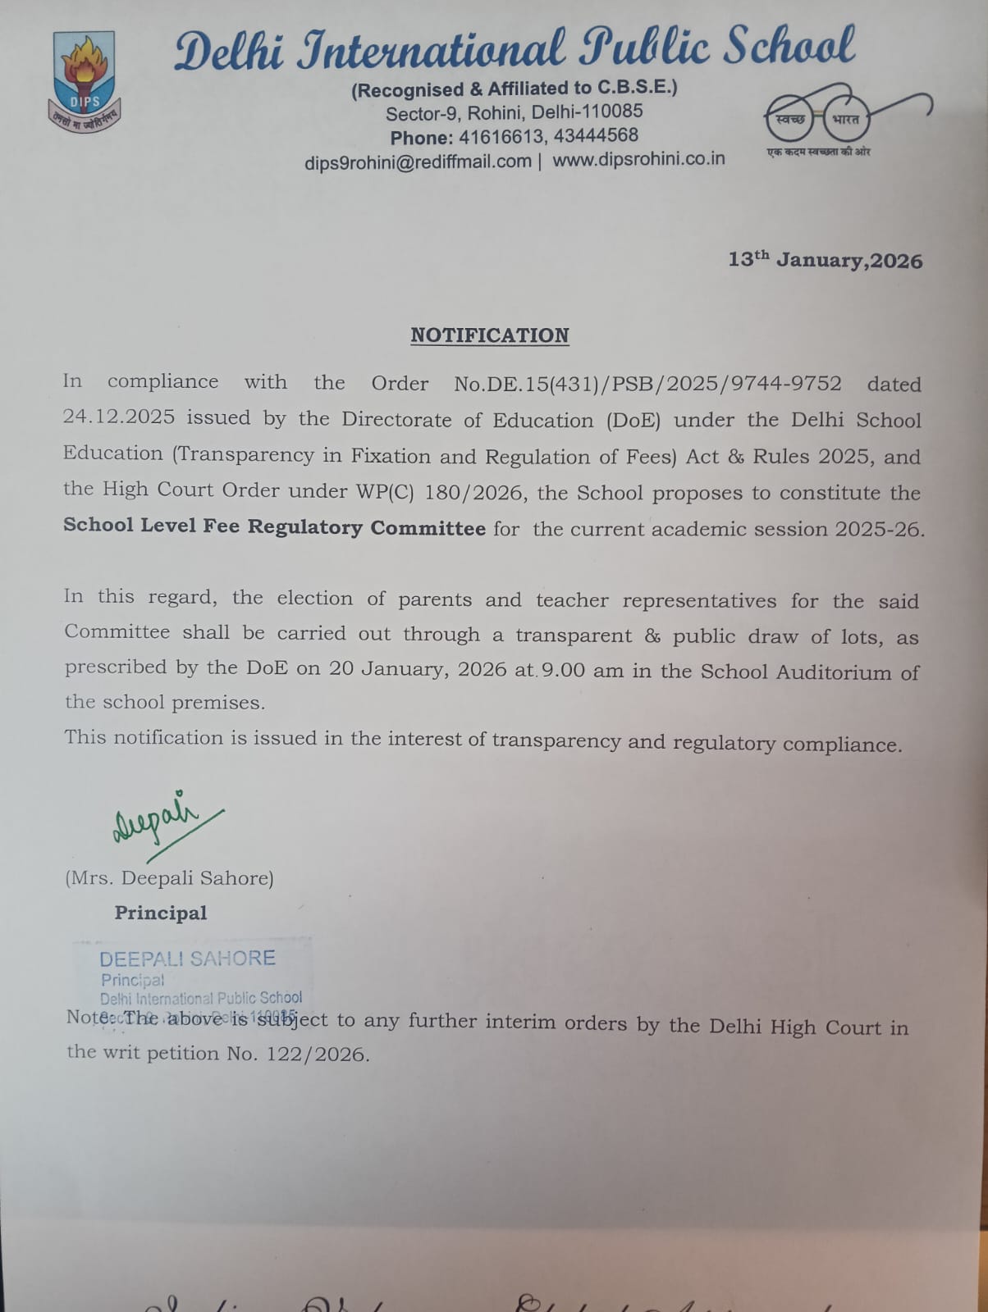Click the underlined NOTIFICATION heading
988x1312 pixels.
(489, 335)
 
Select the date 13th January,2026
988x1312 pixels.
(825, 260)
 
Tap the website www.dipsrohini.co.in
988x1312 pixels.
(638, 159)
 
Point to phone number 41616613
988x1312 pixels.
(501, 136)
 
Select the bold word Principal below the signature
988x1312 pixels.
(160, 913)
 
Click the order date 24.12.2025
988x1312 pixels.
(119, 417)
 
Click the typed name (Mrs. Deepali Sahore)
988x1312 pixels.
(169, 878)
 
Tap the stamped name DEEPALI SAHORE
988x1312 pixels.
(187, 958)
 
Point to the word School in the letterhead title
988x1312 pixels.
(789, 47)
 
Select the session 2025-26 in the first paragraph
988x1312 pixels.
(879, 529)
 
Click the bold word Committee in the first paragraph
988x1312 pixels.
(428, 527)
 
